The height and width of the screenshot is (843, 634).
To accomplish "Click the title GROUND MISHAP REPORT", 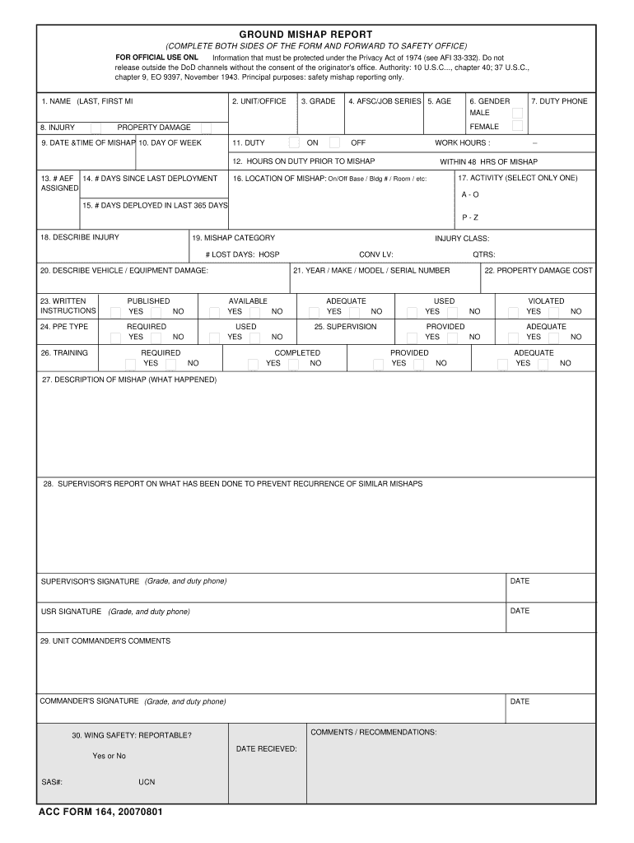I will [317, 34].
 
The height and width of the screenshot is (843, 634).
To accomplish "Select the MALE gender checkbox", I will [517, 113].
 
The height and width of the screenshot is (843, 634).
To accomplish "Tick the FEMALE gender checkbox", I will [517, 127].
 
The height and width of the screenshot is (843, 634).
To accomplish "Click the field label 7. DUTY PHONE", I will [559, 101].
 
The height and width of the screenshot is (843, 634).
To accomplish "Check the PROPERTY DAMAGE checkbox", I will [206, 128].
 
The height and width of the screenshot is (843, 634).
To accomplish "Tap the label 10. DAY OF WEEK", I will [170, 143].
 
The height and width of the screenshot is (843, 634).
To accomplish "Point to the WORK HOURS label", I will [462, 143].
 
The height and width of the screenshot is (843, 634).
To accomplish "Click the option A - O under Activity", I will [470, 194].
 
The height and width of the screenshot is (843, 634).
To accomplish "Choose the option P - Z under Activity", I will [470, 217].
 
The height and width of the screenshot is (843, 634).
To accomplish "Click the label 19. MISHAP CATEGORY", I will [233, 238].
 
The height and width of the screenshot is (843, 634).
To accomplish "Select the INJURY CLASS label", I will [462, 239].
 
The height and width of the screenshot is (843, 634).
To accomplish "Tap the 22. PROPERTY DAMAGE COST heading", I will [538, 271].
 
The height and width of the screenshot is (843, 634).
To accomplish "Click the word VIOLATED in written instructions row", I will [546, 301].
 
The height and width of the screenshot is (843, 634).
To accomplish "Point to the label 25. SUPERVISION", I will [345, 327].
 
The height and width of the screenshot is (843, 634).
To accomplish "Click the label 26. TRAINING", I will [64, 353].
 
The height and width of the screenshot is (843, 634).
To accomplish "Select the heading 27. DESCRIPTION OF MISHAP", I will [129, 380].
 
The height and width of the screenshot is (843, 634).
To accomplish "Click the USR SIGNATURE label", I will [72, 612].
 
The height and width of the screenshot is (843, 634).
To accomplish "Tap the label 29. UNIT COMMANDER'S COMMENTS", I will [105, 641].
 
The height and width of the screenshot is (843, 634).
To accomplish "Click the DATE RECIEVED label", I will [266, 749].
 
